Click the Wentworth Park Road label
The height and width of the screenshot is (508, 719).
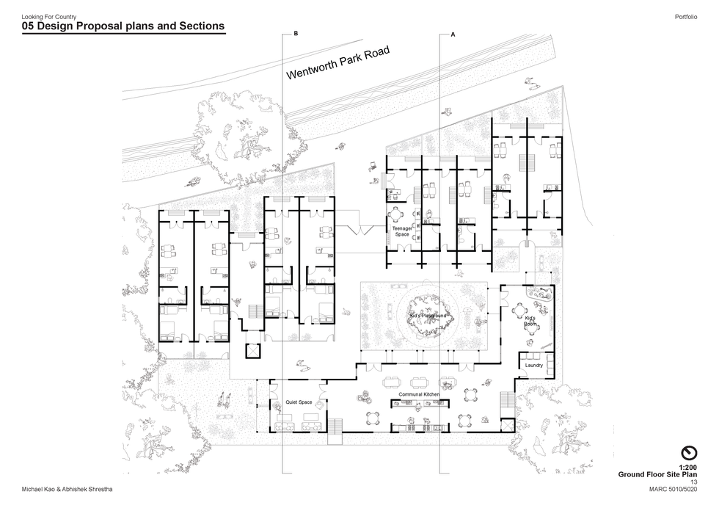[x=337, y=64]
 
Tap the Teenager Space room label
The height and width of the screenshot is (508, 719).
[x=402, y=231]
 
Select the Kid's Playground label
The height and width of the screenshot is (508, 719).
[x=428, y=316]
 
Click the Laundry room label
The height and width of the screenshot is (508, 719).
[x=533, y=365]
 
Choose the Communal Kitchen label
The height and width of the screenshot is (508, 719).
[x=419, y=395]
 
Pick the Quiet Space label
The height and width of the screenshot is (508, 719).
[x=299, y=402]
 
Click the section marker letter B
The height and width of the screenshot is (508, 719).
[x=296, y=35]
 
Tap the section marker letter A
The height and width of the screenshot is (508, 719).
[x=453, y=35]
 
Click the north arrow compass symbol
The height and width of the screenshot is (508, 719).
[x=688, y=452]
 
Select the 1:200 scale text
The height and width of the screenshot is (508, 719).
[x=687, y=468]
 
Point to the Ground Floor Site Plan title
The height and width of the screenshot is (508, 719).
[x=657, y=475]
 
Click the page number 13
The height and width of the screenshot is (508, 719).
[x=693, y=482]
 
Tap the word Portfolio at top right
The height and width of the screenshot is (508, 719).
[x=685, y=16]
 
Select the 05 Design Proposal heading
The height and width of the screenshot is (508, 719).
[x=123, y=26]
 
